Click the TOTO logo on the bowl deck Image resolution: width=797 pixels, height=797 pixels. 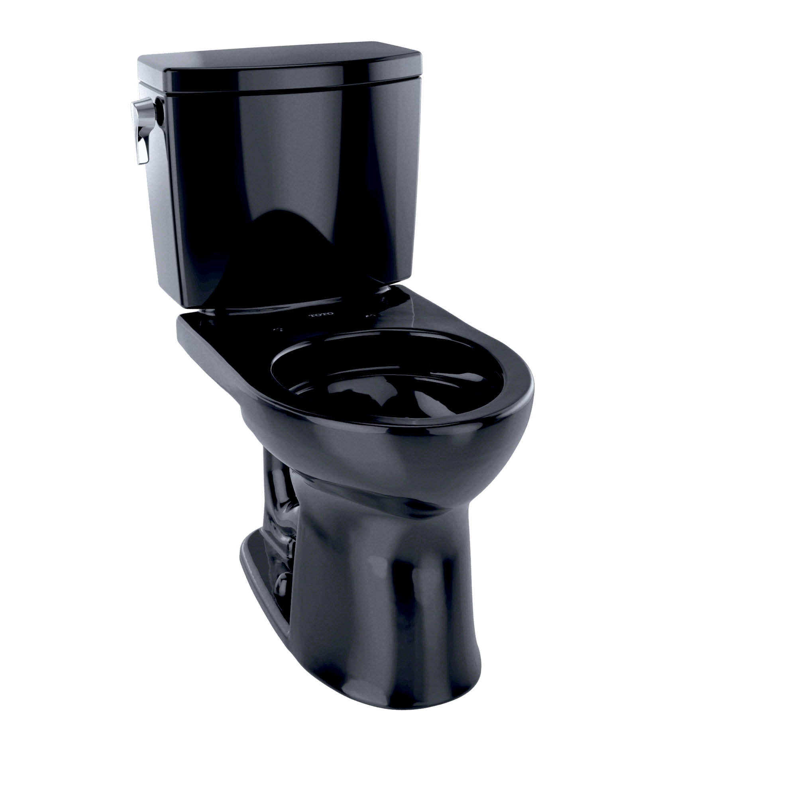pyautogui.click(x=321, y=315)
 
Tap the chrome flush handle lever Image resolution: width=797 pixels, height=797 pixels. pyautogui.click(x=139, y=131)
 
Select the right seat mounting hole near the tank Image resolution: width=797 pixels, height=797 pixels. pyautogui.click(x=370, y=316)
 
